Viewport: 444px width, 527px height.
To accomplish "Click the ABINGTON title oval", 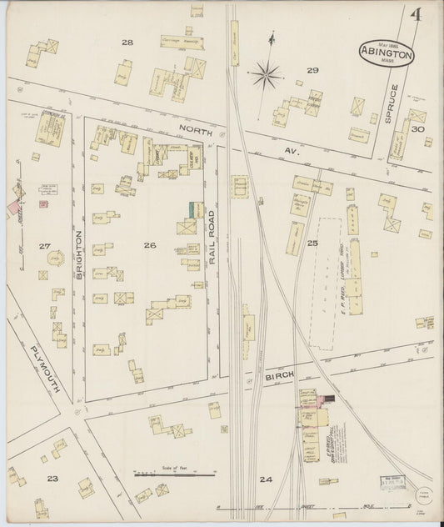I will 386,51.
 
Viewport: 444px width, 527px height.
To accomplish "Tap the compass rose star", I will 267,76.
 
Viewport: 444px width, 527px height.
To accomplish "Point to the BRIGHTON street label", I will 80,255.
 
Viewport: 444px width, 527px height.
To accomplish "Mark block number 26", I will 149,244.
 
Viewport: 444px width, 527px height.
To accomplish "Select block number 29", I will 312,70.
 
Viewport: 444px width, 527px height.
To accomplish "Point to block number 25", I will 312,243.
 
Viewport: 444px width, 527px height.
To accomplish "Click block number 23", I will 52,478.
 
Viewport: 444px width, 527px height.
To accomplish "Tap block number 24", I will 265,479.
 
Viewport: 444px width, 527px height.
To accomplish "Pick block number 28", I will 127,42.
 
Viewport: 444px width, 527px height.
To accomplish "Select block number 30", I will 417,129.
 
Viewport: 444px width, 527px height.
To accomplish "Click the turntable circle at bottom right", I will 427,494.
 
